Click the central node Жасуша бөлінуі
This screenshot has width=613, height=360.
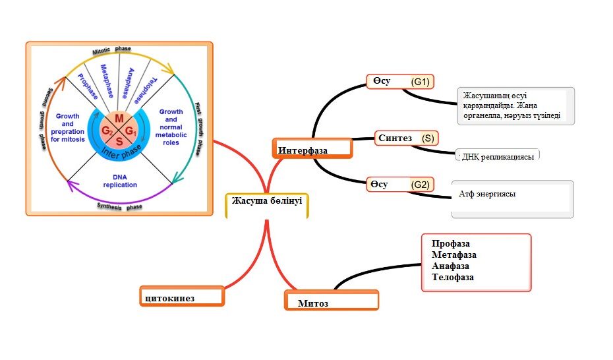[267, 205]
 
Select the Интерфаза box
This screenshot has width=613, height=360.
[312, 148]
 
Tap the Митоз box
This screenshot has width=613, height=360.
[332, 300]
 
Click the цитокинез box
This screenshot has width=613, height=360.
[182, 296]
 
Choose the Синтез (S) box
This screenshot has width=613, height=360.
[407, 138]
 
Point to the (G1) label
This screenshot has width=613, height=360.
[421, 82]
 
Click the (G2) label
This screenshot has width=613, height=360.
[421, 185]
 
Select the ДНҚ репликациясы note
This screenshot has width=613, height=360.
[497, 156]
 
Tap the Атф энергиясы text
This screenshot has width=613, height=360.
[487, 194]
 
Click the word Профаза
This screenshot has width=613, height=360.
[451, 243]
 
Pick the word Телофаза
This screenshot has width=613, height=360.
[453, 277]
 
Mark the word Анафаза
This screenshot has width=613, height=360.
[450, 266]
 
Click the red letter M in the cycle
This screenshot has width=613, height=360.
[119, 119]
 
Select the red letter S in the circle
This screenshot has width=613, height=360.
[119, 142]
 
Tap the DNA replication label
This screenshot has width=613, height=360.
[120, 181]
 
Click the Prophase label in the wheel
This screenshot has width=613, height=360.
[88, 86]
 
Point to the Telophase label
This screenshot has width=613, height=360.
[146, 90]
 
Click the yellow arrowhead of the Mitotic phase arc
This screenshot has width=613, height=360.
[170, 71]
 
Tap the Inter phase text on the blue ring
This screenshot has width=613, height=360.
[121, 152]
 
